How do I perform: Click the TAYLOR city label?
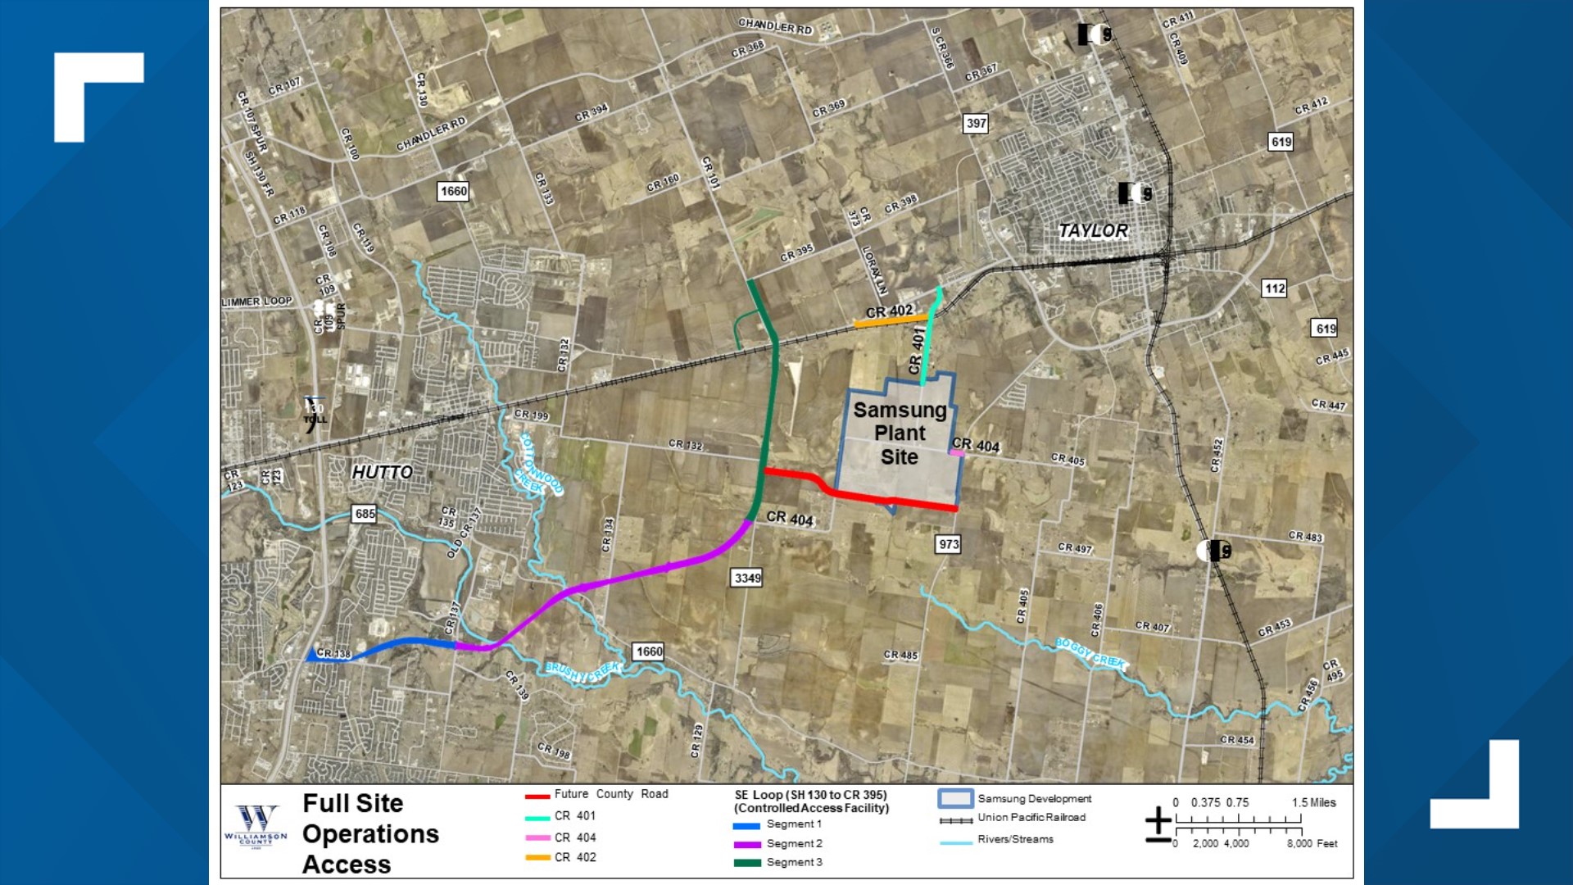(x=1093, y=231)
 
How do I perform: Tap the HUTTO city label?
(x=382, y=472)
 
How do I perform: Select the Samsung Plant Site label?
(x=900, y=433)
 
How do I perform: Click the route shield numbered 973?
(x=949, y=544)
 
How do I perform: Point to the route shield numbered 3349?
(x=747, y=578)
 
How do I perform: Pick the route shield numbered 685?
(x=365, y=514)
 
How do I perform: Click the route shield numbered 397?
(x=976, y=123)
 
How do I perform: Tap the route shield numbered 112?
(x=1275, y=288)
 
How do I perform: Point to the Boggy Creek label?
(x=1090, y=653)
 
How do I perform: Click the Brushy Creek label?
(x=583, y=672)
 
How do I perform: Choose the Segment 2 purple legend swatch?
(x=746, y=844)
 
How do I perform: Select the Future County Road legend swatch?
(x=537, y=796)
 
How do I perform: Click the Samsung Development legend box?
(x=955, y=798)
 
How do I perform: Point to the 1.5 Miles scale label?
(x=1313, y=803)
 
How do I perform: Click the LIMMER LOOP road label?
(x=257, y=302)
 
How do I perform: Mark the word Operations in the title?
(x=370, y=834)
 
